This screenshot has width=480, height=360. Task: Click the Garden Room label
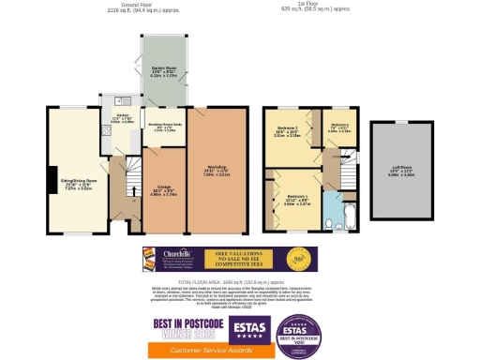click(x=164, y=69)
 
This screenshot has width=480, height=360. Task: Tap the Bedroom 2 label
click(x=288, y=132)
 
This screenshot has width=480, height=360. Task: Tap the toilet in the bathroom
click(x=331, y=224)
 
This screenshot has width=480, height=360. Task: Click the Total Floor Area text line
click(x=240, y=281)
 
